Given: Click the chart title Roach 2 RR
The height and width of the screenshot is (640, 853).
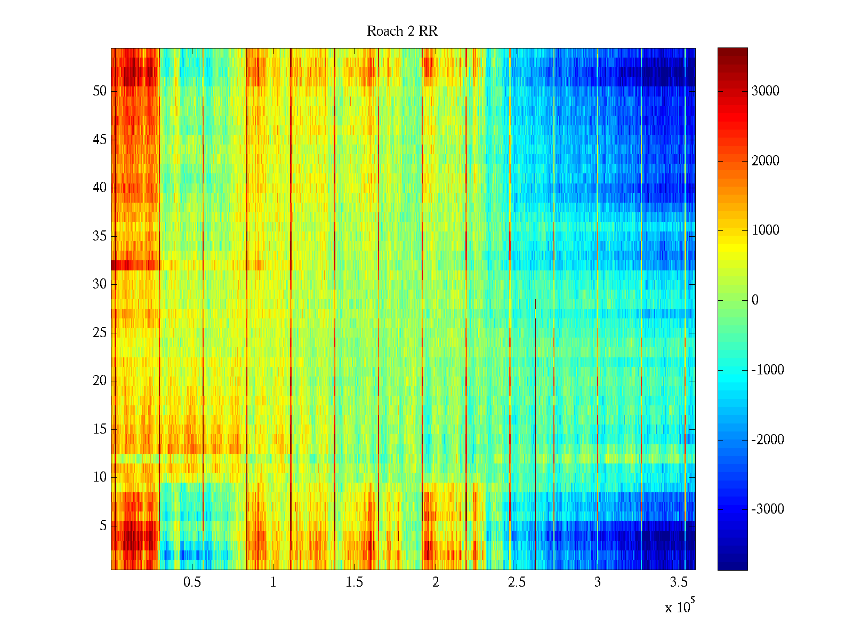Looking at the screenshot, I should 402,31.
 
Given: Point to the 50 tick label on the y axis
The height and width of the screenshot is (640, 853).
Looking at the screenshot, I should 100,91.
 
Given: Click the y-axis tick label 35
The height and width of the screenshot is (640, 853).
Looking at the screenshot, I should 100,236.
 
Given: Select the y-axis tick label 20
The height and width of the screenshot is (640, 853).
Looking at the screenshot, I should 100,381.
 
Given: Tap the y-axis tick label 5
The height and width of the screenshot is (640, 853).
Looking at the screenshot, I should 103,526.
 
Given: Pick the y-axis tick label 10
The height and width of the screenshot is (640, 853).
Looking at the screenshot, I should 100,477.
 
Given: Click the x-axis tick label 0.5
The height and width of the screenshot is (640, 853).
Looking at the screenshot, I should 192,582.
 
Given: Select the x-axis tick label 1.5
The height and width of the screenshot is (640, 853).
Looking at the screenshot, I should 355,582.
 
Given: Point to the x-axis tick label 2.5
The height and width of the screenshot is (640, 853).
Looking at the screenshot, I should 517,582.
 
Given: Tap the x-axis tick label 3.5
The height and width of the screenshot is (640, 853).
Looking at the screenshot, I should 679,582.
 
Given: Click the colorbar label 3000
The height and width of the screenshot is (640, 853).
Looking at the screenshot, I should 766,91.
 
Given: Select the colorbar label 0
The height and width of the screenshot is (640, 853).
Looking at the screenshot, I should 755,300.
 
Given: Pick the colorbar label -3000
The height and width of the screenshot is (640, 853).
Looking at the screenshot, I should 768,509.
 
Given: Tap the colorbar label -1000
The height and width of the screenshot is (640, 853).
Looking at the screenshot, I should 768,370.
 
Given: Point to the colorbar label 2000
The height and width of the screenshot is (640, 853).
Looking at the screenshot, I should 766,161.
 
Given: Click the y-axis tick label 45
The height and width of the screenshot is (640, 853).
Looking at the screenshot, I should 100,140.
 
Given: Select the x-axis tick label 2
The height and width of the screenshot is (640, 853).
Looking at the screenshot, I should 436,582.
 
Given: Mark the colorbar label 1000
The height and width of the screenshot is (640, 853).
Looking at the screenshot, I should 766,230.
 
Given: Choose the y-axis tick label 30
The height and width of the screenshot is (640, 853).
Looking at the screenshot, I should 100,284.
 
